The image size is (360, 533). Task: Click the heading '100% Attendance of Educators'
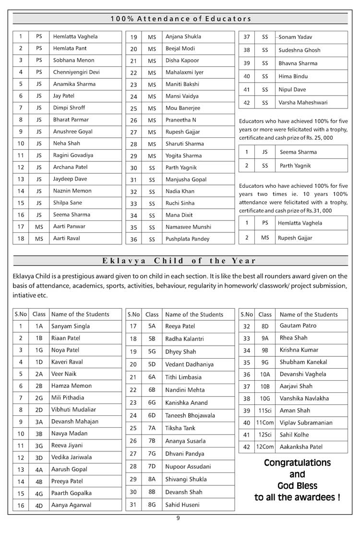(x=180, y=19)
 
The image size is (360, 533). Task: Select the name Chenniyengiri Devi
(x=76, y=72)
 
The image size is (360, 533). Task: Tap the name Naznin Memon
(x=72, y=191)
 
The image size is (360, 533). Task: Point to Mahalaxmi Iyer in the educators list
(x=184, y=73)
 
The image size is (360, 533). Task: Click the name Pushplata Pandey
(x=187, y=239)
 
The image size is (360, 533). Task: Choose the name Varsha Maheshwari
(x=303, y=102)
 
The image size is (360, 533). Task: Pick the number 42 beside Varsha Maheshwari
(x=247, y=102)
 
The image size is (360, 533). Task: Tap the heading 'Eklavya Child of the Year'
(x=179, y=261)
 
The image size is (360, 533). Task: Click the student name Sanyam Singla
(x=71, y=326)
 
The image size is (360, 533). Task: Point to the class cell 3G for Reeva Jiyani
(x=39, y=445)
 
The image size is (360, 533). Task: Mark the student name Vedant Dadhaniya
(x=190, y=364)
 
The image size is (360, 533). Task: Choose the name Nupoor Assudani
(x=188, y=466)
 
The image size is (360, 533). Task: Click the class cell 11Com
(x=264, y=423)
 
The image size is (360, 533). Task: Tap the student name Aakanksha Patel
(x=301, y=447)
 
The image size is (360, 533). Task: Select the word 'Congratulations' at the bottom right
(x=298, y=463)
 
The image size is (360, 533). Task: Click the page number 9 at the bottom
(x=178, y=518)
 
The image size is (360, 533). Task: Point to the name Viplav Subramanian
(x=306, y=423)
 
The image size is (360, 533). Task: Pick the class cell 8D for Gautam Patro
(x=265, y=326)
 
